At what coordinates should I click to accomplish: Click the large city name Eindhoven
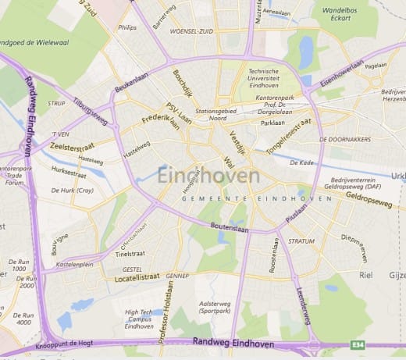point(208,176)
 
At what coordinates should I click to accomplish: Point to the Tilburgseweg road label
point(91,112)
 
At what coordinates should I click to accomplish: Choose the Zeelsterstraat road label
point(73,145)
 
